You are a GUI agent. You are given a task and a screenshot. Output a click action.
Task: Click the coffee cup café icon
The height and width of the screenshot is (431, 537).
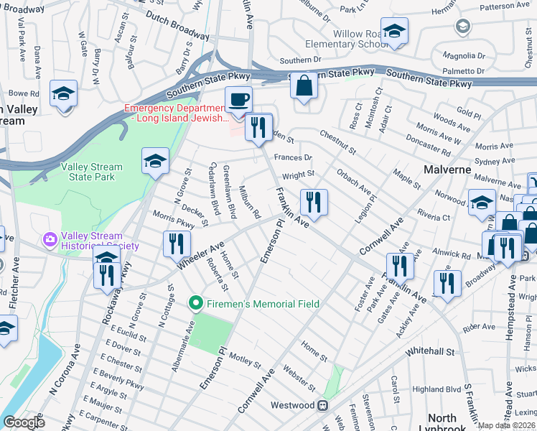[238, 99]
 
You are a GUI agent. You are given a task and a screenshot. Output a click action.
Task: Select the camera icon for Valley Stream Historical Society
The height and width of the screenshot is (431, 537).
[50, 238]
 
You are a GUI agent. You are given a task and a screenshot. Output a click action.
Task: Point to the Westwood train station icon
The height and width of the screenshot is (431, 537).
[323, 405]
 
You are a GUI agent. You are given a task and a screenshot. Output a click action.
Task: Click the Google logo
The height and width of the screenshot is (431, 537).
[24, 422]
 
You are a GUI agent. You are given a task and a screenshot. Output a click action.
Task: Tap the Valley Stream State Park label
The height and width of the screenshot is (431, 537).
[91, 172]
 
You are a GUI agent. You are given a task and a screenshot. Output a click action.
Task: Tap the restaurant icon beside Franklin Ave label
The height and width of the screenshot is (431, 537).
[314, 203]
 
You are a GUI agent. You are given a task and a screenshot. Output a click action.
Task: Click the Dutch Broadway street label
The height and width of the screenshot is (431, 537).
[177, 25]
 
